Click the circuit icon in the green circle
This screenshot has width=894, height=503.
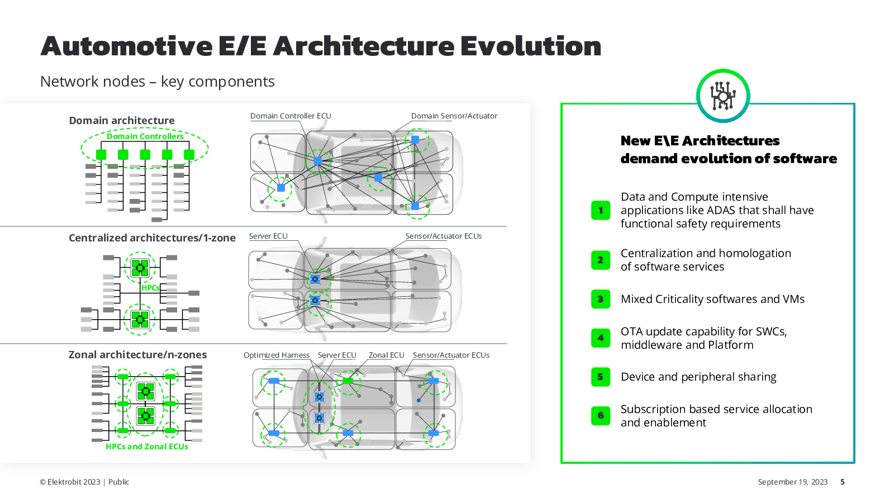coord(723,96)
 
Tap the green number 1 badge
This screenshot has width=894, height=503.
coord(601,210)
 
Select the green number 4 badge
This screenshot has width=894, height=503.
coord(601,338)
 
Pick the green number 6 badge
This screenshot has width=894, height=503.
coord(601,416)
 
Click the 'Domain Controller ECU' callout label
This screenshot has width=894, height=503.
coord(291,116)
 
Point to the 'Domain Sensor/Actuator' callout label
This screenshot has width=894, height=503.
coord(454,116)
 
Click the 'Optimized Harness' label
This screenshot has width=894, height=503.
coord(276,355)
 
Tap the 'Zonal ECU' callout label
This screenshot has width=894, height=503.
coord(386,355)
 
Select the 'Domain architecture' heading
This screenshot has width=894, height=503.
coord(122,120)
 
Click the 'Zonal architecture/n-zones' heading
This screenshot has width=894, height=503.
coord(137,354)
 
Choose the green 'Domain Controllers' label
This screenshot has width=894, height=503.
coord(145,136)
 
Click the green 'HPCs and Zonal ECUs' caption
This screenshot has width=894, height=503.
coord(147,447)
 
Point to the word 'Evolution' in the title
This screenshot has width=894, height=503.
coord(531,46)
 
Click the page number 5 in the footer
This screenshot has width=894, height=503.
coord(842,482)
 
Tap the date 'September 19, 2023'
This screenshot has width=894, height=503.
coord(793,482)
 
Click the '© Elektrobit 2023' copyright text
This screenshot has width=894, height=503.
coord(70,482)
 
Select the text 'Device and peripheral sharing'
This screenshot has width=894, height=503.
coord(698,377)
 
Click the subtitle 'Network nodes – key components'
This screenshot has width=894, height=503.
coord(157,81)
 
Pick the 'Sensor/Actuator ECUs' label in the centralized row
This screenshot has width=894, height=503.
coord(444,236)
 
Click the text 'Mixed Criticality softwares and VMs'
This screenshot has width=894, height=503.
coord(712,299)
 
